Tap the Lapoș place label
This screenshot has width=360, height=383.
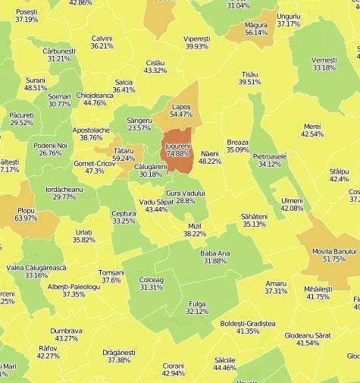point(181,107)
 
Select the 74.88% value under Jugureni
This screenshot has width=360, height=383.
point(178,152)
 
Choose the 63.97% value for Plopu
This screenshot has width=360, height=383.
point(26,218)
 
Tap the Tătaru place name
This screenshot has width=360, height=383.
point(124,151)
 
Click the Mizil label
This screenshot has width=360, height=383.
point(194,226)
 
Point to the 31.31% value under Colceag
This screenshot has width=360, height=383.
point(152,287)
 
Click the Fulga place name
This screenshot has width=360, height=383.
point(197,303)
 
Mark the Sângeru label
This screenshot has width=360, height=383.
point(139,120)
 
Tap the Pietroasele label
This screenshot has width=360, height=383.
point(270,156)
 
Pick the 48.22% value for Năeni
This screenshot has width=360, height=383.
point(210,161)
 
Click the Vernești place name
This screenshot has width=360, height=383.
point(324,60)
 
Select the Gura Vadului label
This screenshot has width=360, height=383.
point(186,193)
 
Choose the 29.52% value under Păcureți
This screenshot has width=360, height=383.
point(21,123)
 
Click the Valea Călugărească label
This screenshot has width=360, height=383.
point(36,267)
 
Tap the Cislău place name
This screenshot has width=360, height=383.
point(155,62)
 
